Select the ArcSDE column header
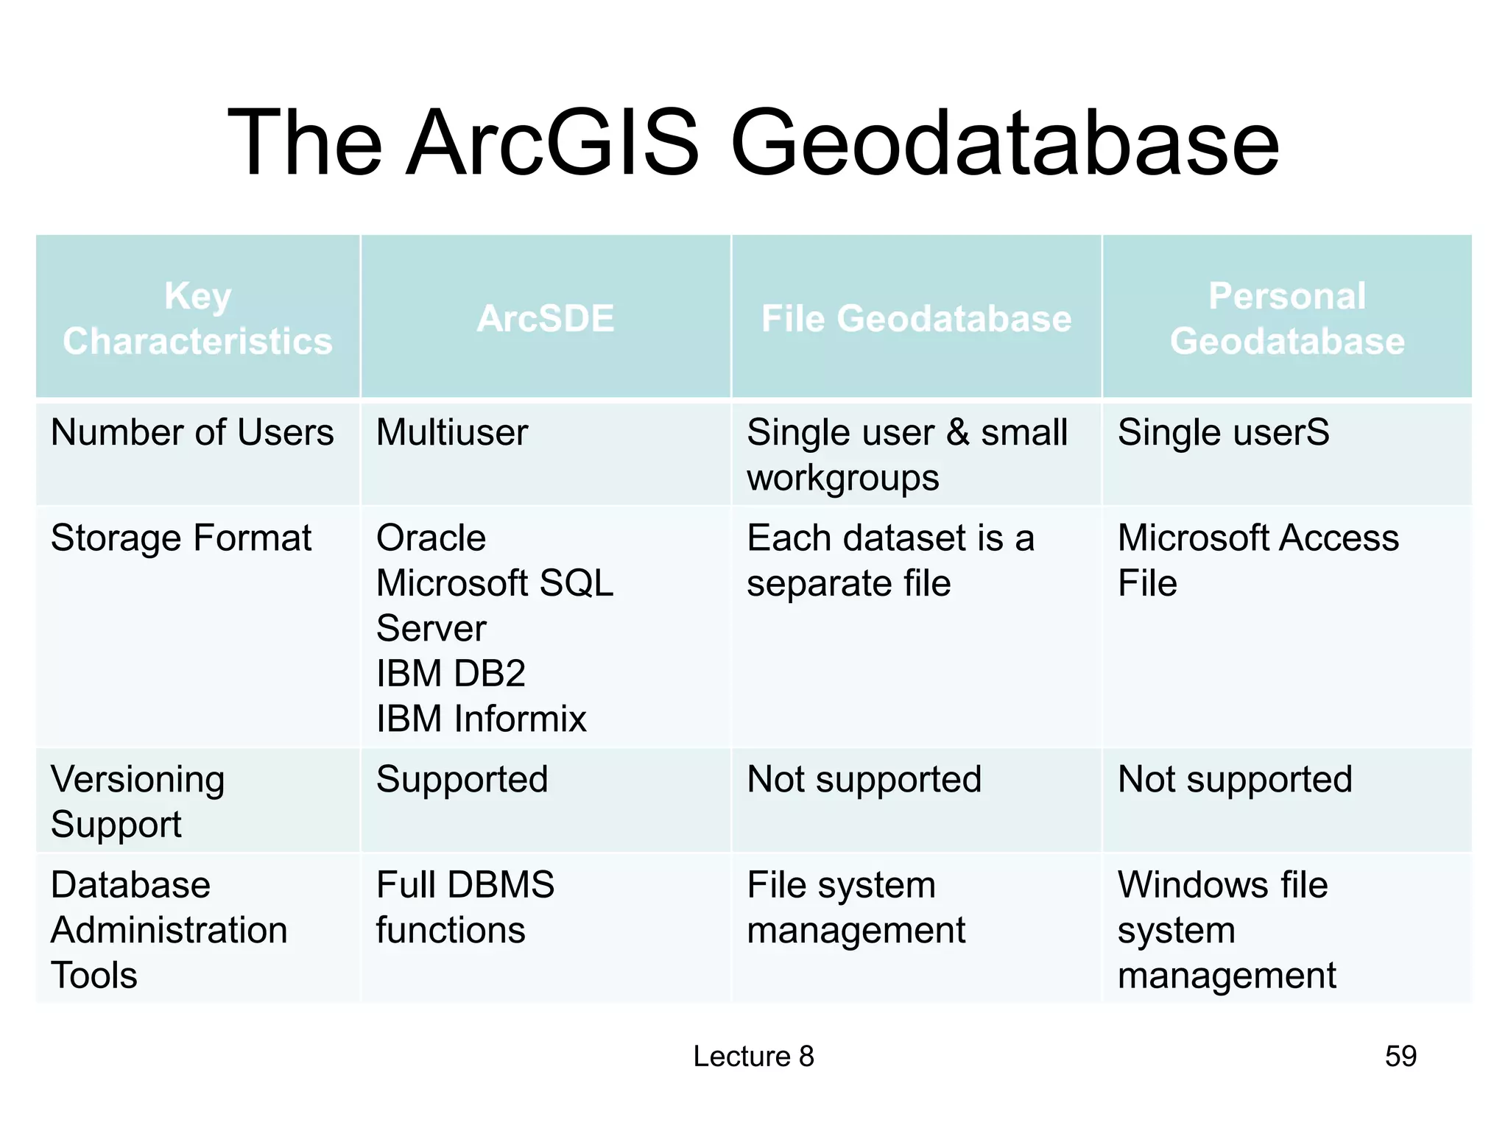pyautogui.click(x=545, y=319)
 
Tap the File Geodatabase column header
pyautogui.click(x=916, y=319)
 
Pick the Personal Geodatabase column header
pyautogui.click(x=1287, y=319)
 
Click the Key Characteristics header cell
pyautogui.click(x=197, y=319)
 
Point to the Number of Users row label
pyautogui.click(x=192, y=432)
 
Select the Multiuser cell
pyautogui.click(x=452, y=432)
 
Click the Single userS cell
pyautogui.click(x=1223, y=432)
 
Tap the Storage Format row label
pyautogui.click(x=181, y=538)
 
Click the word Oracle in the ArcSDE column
pyautogui.click(x=431, y=538)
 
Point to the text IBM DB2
pyautogui.click(x=451, y=674)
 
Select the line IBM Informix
pyautogui.click(x=481, y=719)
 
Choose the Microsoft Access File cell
pyautogui.click(x=1258, y=560)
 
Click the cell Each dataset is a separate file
pyautogui.click(x=889, y=560)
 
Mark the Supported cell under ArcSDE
pyautogui.click(x=462, y=779)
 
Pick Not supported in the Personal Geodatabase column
pyautogui.click(x=1235, y=779)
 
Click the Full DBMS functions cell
pyautogui.click(x=465, y=906)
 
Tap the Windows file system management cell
pyautogui.click(x=1225, y=929)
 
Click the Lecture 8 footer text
pyautogui.click(x=753, y=1056)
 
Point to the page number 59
pyautogui.click(x=1400, y=1056)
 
